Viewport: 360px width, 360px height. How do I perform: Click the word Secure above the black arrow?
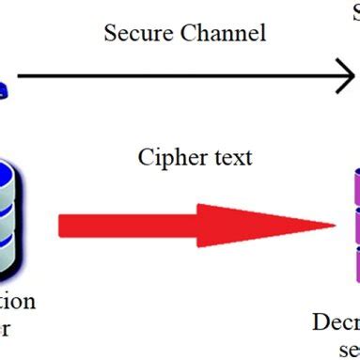pyautogui.click(x=133, y=34)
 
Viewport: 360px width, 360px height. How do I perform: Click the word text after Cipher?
pyautogui.click(x=231, y=157)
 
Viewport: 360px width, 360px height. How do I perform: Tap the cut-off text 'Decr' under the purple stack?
pyautogui.click(x=337, y=323)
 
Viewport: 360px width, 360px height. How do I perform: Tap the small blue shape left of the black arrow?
pyautogui.click(x=4, y=90)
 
